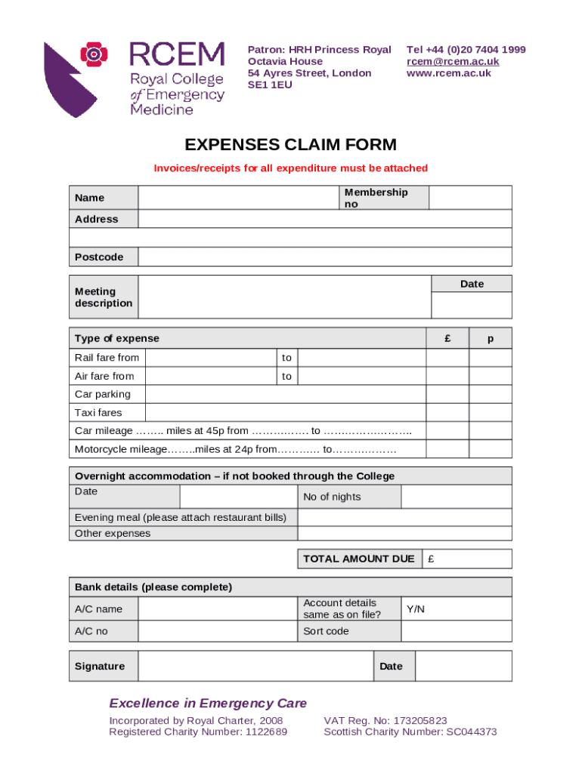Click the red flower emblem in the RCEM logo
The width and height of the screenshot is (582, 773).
(x=92, y=54)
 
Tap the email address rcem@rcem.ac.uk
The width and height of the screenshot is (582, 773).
(x=452, y=61)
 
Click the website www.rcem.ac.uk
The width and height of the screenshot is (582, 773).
(x=448, y=73)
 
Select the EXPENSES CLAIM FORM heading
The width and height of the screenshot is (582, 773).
(x=291, y=145)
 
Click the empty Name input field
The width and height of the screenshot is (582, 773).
(x=237, y=198)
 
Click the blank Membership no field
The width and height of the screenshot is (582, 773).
(x=470, y=198)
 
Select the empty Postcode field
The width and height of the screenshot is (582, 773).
(x=325, y=257)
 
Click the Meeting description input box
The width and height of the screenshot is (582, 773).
(x=284, y=297)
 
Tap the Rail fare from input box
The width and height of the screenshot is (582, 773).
(x=209, y=358)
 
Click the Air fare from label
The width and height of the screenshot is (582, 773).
(x=104, y=376)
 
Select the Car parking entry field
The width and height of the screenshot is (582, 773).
(x=284, y=394)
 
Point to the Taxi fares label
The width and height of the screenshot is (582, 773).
(x=98, y=413)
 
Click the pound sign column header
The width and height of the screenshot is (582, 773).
(x=447, y=339)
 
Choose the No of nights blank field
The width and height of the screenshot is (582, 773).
(x=456, y=497)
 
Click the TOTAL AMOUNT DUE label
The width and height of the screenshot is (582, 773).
(x=358, y=559)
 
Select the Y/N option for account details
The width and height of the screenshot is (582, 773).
(x=416, y=608)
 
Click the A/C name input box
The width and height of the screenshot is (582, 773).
(x=217, y=609)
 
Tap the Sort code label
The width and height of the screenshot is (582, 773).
(x=326, y=631)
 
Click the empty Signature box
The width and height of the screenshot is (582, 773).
(x=255, y=667)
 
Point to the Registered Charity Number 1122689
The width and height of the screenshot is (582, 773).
(x=198, y=732)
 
